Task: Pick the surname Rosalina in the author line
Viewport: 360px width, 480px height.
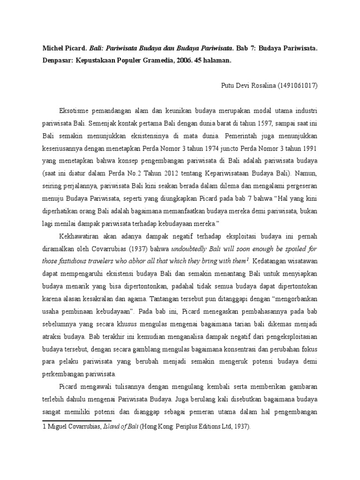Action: coord(262,86)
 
